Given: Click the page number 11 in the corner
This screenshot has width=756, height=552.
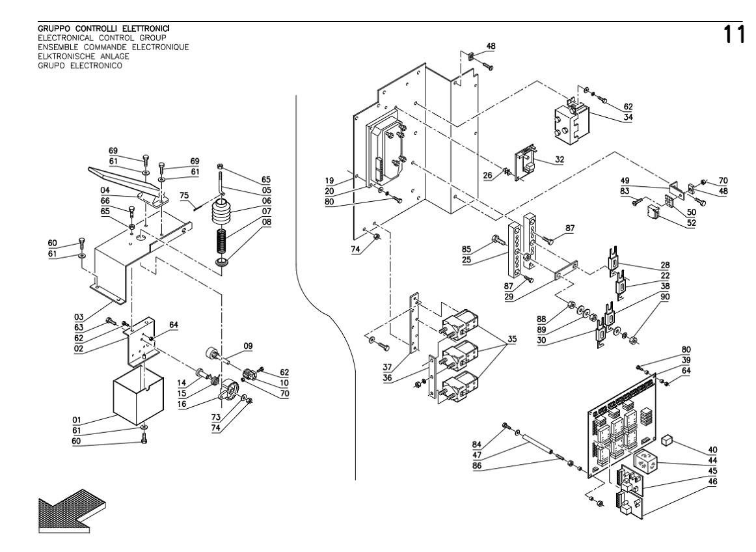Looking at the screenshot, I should (736, 34).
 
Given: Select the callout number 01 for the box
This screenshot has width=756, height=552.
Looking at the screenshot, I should (78, 420).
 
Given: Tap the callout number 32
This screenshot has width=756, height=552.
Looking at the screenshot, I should (560, 158).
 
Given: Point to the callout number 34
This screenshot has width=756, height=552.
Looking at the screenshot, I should (628, 117).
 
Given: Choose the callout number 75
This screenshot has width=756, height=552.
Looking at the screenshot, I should (184, 195).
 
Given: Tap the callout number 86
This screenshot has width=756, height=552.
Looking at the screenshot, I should (479, 466).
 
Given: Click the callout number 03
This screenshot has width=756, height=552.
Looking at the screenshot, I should (78, 316).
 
